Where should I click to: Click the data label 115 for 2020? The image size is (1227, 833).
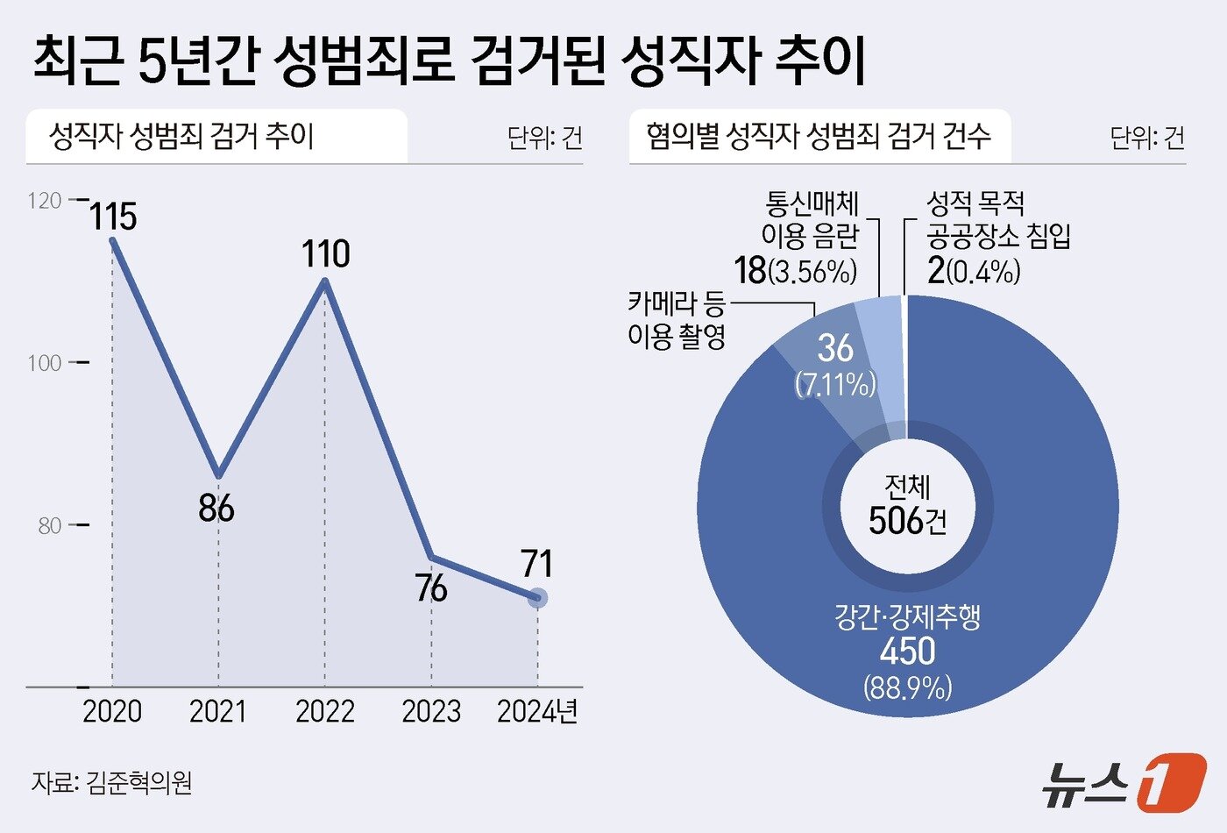pos(113,217)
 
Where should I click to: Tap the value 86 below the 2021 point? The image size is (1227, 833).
pos(216,509)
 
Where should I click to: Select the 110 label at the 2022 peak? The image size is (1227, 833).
pos(325,254)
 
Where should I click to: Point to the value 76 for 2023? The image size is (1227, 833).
pos(431,588)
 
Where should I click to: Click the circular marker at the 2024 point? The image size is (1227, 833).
pos(537,598)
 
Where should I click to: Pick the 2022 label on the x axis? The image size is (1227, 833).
pos(324,711)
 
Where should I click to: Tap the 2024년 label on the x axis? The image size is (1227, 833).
pos(537,711)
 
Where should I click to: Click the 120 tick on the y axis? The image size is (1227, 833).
pos(45,201)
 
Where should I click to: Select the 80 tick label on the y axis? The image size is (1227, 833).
pos(49,526)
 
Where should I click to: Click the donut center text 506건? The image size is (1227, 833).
pos(907,521)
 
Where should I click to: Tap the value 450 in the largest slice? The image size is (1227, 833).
pos(907,651)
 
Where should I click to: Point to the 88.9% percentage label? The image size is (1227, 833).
pos(907,687)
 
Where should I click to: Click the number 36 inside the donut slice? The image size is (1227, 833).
pos(834,348)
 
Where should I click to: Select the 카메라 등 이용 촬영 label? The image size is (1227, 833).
pos(677,320)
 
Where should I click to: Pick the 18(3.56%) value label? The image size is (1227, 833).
pos(795,271)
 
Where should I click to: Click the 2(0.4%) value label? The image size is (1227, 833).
pos(974,271)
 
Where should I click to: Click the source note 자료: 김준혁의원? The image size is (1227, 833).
pos(111,781)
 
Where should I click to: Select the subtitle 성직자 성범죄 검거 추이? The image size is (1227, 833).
pos(181,136)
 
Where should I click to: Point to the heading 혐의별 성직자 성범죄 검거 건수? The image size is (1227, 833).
pos(819,136)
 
